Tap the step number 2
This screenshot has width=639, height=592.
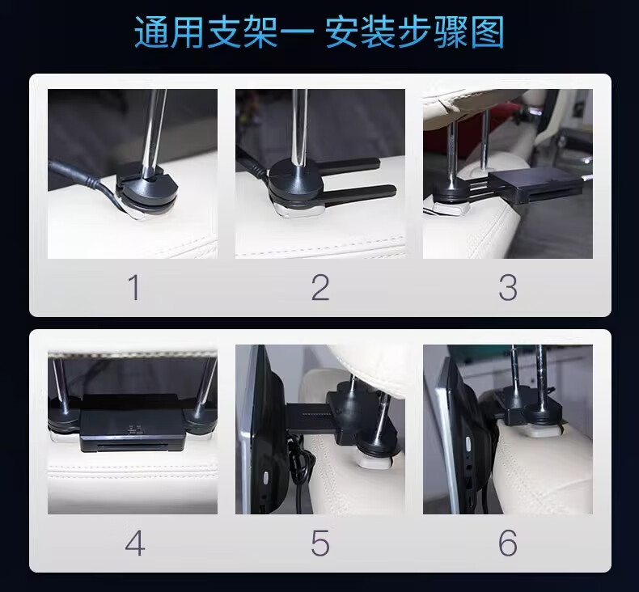(320, 288)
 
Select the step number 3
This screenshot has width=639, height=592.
(508, 288)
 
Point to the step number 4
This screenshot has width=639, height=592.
(135, 543)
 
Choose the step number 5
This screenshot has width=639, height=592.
(320, 543)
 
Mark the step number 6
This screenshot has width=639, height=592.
(508, 543)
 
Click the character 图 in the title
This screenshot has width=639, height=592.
(488, 32)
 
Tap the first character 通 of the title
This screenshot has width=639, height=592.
(151, 32)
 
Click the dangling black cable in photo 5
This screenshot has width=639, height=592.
(299, 468)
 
